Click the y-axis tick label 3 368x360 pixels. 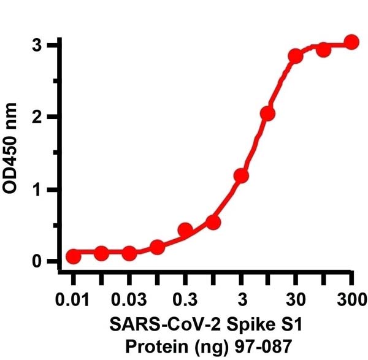[38, 45]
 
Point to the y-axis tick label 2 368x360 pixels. [38, 117]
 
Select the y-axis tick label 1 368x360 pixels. [38, 190]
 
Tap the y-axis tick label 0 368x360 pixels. [38, 262]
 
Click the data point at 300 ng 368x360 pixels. [351, 42]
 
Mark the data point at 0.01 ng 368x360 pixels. [74, 256]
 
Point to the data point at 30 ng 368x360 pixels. [296, 56]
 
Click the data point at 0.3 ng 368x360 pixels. [185, 230]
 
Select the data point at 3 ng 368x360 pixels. [241, 176]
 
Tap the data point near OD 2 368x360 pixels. [267, 113]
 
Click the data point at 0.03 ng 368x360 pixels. [129, 253]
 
